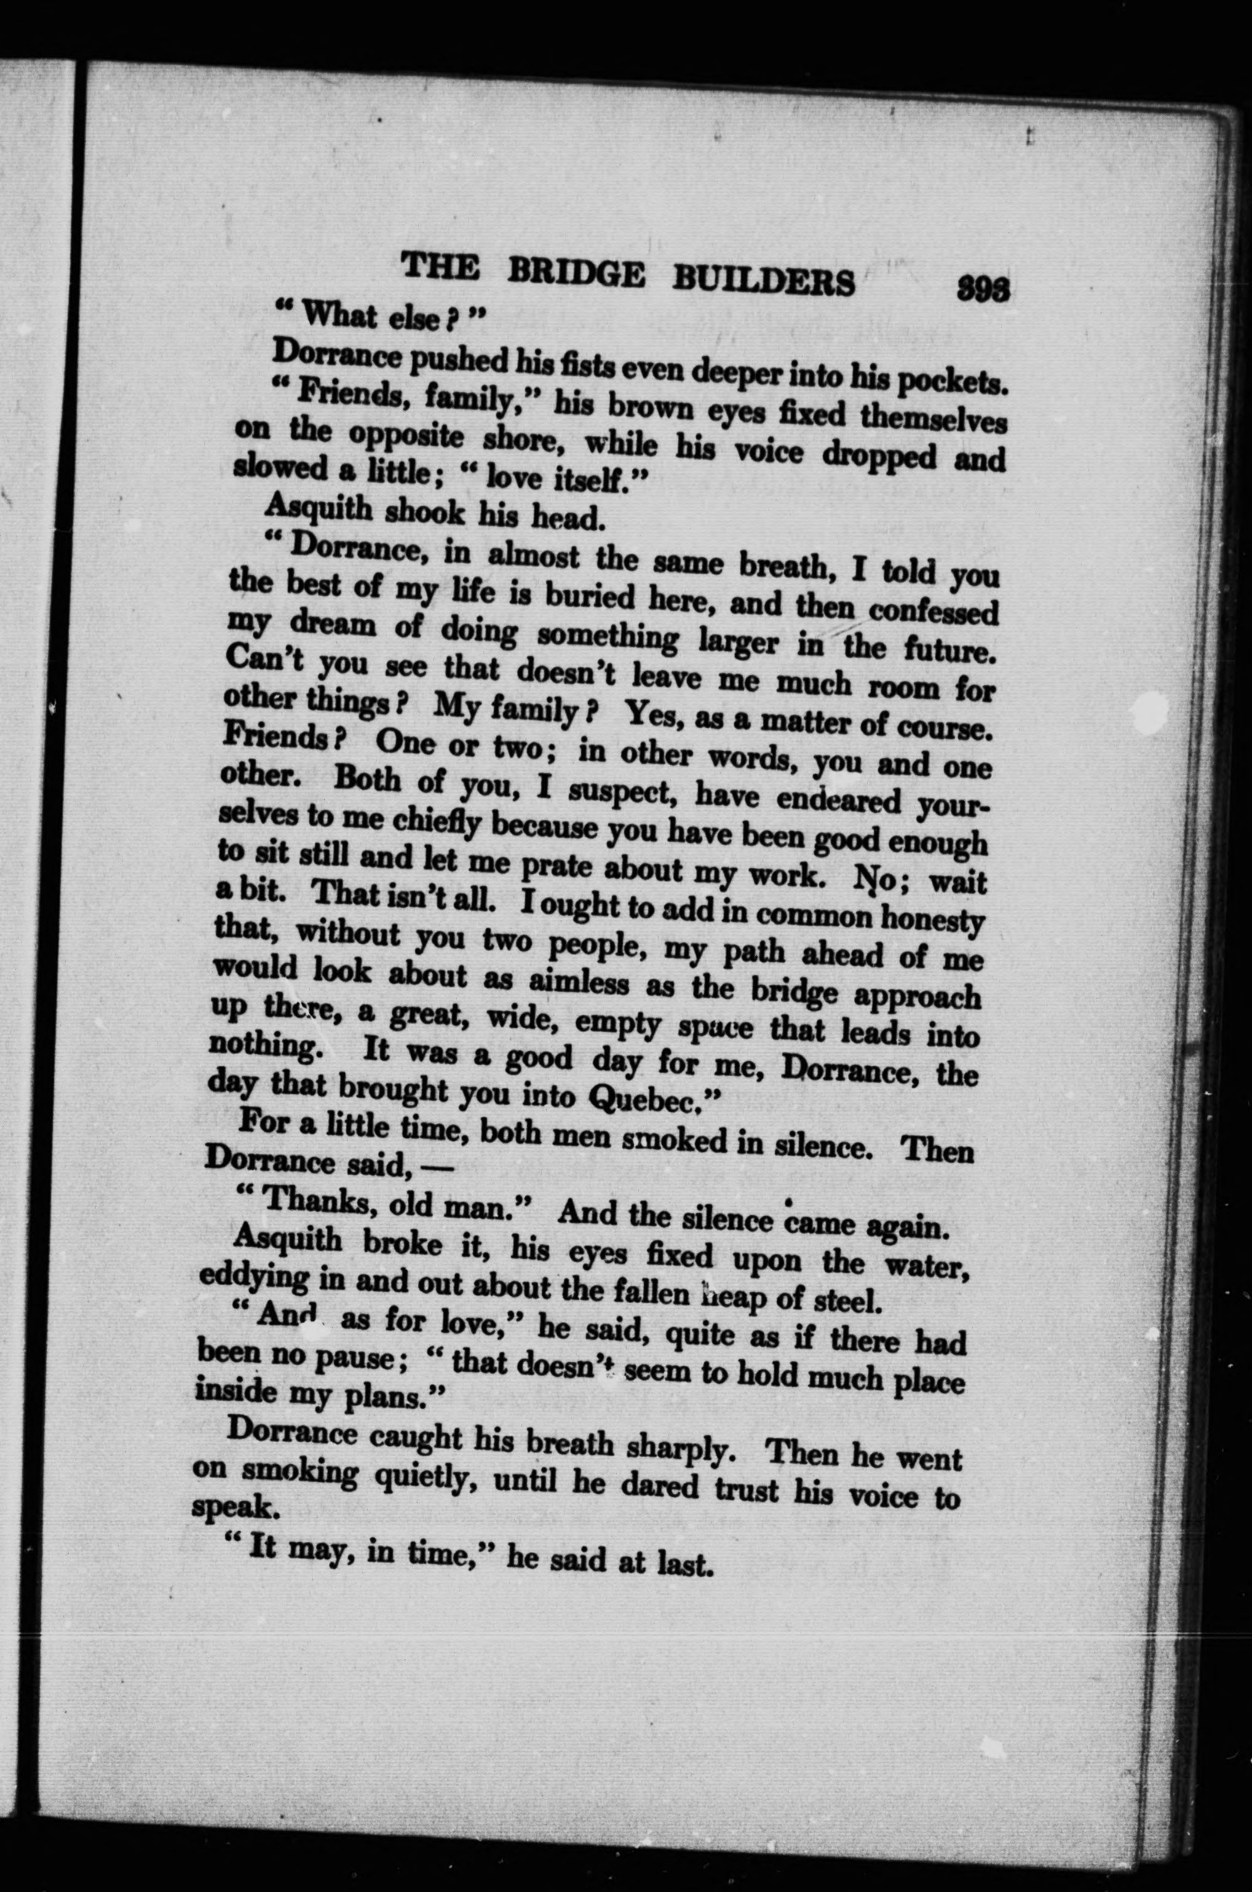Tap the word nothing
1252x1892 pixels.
click(266, 1045)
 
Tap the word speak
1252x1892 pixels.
click(233, 1506)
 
